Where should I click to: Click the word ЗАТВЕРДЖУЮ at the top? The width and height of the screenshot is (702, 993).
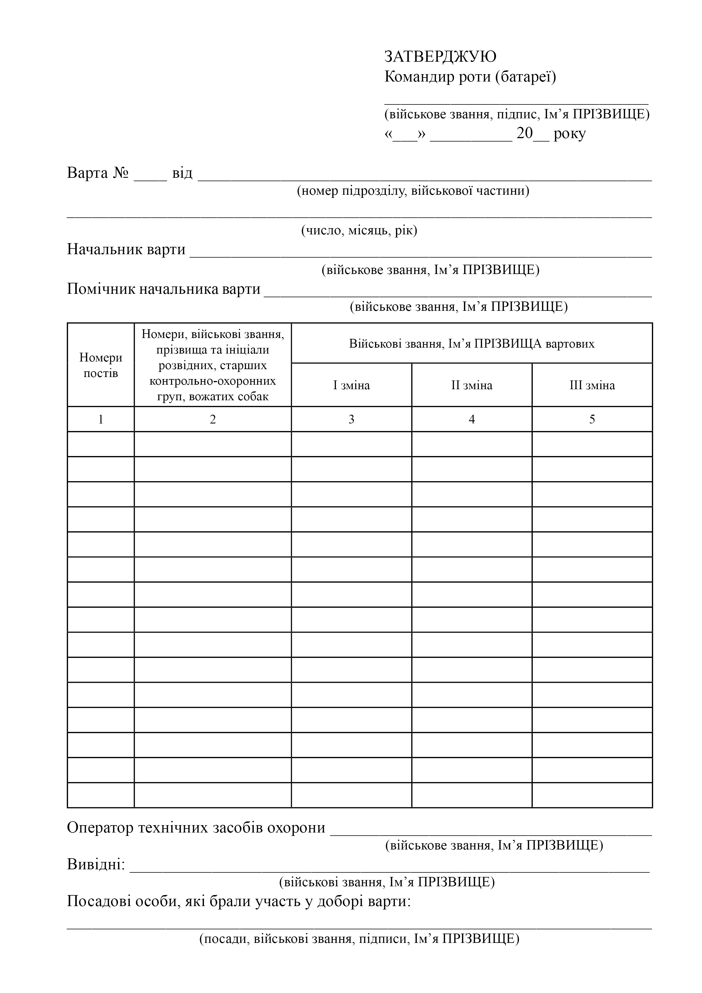(x=440, y=57)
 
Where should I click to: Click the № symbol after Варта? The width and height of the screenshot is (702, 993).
(x=121, y=173)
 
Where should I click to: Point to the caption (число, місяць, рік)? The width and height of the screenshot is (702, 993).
(x=359, y=230)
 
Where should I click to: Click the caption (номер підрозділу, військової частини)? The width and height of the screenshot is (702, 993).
(x=413, y=191)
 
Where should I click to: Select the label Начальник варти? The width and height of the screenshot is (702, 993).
(x=126, y=250)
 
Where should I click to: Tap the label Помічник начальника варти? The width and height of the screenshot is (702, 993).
(x=164, y=289)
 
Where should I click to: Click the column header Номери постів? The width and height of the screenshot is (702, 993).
(x=101, y=365)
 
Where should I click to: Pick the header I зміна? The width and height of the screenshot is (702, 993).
(x=351, y=385)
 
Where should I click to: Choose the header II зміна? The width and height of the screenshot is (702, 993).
(x=472, y=385)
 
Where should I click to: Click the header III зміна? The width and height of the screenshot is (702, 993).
(x=592, y=385)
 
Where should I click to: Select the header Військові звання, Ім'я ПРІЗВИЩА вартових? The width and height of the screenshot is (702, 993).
(x=472, y=344)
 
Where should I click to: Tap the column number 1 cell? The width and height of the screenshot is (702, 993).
(x=101, y=419)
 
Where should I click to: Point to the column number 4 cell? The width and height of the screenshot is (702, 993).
(x=472, y=419)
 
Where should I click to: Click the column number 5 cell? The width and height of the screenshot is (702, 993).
(x=592, y=419)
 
